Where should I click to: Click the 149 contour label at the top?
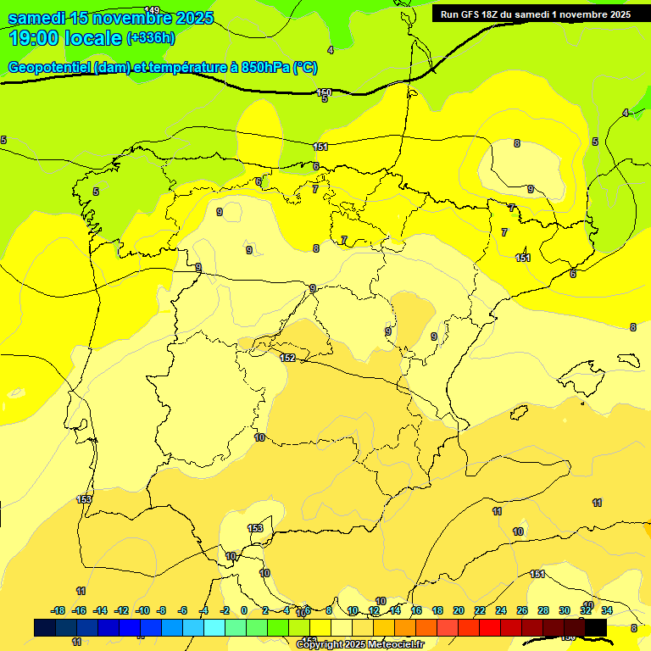click(152, 10)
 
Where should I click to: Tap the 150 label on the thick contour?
click(324, 92)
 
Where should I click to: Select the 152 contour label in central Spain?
click(287, 359)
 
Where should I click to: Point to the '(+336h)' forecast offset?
click(151, 38)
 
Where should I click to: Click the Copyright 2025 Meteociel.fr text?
click(360, 645)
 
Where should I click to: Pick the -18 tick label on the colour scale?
click(58, 610)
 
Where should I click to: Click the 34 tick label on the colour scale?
click(607, 610)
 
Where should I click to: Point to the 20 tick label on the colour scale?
click(459, 610)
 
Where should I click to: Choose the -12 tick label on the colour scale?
click(121, 610)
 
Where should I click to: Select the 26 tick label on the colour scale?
click(522, 610)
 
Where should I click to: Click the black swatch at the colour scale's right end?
click(596, 628)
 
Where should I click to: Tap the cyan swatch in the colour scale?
click(214, 628)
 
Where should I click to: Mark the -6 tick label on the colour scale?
click(183, 610)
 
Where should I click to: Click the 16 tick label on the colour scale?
click(416, 610)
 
